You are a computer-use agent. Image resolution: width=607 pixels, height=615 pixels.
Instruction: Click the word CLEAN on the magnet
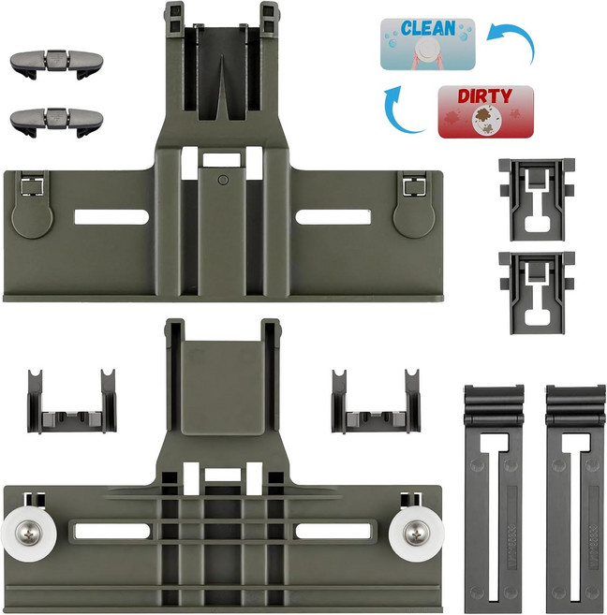pos(428,29)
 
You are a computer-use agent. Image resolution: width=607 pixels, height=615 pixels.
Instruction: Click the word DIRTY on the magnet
pos(485,95)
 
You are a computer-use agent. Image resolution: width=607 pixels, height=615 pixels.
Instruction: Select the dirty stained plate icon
pos(485,119)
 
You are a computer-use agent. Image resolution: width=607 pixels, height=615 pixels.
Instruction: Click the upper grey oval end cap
pos(56,64)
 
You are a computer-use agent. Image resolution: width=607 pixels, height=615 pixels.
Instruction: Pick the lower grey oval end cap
pos(56,122)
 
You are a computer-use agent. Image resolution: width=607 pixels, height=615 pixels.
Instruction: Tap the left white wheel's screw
pos(27,534)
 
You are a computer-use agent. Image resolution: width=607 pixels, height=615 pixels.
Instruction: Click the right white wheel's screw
pos(415,533)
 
